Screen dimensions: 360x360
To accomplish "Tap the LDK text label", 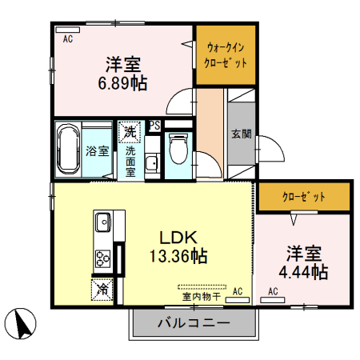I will (178, 238).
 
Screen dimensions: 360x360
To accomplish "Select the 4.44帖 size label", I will (304, 272).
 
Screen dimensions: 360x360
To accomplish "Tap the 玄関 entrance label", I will (241, 134).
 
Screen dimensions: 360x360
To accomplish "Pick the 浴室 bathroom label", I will (98, 150).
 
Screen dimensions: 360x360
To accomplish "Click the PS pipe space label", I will (154, 125).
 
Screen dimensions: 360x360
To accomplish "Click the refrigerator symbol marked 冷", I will (102, 289).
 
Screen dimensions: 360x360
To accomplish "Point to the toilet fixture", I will (178, 149).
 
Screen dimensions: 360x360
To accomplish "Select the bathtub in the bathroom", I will (67, 150).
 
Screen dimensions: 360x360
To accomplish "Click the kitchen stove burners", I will (103, 257).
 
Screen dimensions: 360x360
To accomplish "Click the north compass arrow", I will (22, 323).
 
